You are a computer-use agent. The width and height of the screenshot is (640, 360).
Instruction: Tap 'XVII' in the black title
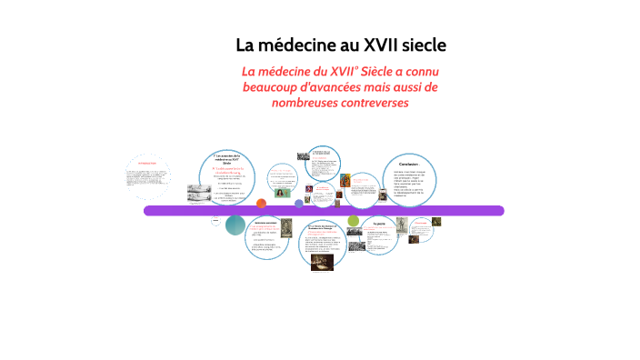385,45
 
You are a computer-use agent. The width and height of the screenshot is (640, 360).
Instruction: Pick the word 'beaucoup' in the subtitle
271,87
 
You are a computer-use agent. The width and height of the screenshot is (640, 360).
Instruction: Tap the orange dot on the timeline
261,204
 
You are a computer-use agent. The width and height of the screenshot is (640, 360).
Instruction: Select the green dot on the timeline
354,220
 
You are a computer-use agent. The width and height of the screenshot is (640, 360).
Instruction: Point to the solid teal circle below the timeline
235,225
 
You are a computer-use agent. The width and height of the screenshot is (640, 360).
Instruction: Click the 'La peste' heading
379,222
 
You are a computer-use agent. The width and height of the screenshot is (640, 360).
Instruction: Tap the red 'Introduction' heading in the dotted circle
147,165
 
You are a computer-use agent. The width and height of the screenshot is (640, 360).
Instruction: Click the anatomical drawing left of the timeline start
198,193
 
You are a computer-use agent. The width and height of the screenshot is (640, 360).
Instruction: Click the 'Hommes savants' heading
265,222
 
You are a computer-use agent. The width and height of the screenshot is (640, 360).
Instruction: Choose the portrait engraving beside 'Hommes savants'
285,230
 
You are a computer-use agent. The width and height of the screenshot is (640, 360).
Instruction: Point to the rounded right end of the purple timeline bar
498,211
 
